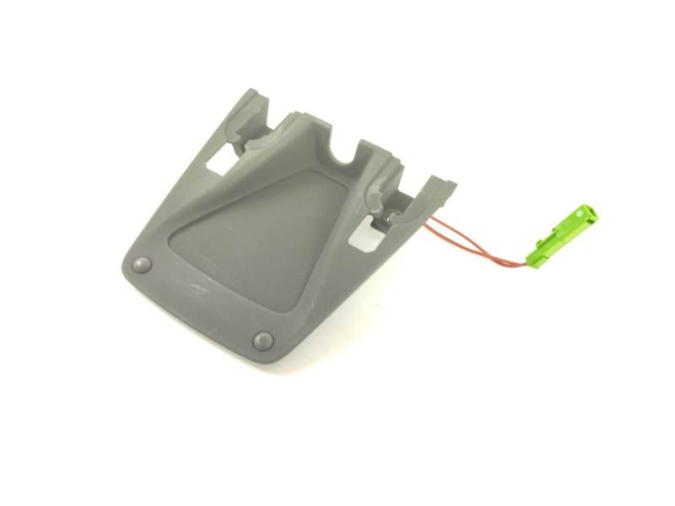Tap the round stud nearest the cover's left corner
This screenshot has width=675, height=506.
[141, 264]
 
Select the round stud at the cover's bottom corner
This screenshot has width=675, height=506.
[262, 340]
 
